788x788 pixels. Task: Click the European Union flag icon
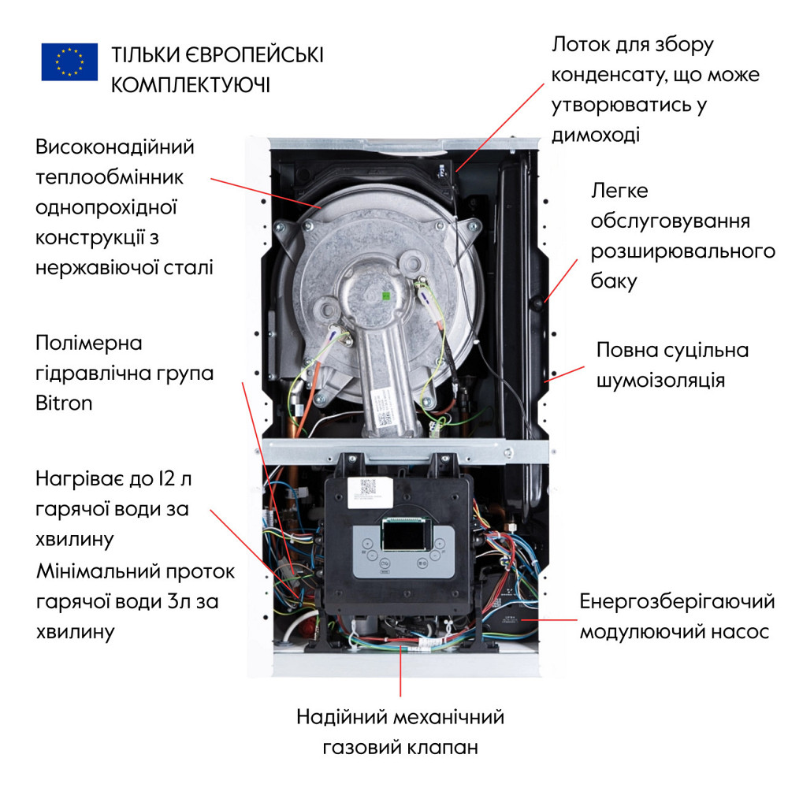(x=69, y=61)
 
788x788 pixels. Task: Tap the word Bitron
(x=64, y=403)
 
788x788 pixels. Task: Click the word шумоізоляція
(x=661, y=380)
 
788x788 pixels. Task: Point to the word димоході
(x=595, y=135)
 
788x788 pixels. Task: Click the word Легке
(x=619, y=191)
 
